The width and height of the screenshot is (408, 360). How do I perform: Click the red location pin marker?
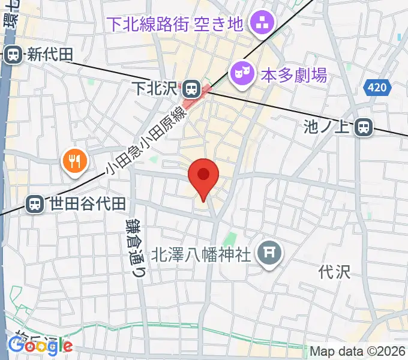(203, 175)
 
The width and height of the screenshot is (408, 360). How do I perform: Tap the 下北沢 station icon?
(191, 89)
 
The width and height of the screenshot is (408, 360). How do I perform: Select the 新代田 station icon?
(13, 55)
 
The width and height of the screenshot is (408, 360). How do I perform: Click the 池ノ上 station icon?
(363, 127)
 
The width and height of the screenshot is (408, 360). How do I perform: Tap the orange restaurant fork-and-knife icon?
(74, 160)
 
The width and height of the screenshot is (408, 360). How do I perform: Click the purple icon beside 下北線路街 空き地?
(262, 24)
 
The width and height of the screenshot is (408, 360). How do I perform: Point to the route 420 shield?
(376, 89)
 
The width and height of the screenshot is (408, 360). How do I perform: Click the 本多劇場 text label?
(293, 75)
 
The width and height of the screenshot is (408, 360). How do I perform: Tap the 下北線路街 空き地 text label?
(175, 25)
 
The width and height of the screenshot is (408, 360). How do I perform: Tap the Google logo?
(40, 345)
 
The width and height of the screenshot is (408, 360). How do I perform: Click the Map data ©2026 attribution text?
(358, 351)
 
